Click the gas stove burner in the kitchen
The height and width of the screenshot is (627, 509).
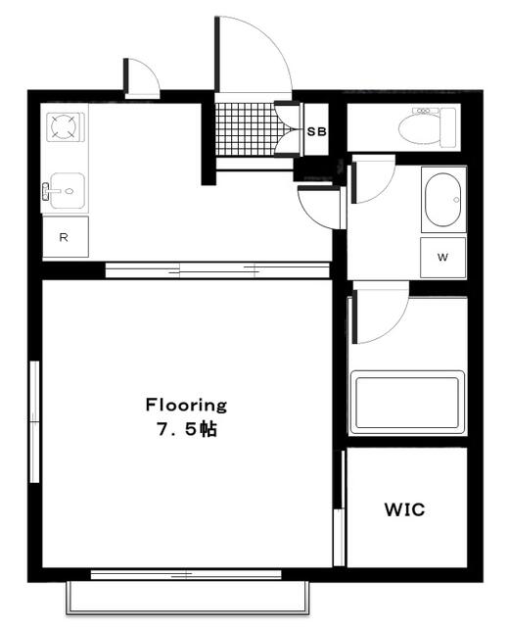64,126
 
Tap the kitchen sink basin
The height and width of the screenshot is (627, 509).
68,191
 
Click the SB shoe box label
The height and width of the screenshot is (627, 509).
317,131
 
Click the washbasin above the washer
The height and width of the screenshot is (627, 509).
443,200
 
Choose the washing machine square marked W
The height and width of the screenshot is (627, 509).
442,258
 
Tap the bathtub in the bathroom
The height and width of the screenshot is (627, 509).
407,403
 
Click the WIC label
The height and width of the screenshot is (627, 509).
404,509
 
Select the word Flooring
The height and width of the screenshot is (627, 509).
186,405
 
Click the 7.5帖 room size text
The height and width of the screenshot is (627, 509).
187,429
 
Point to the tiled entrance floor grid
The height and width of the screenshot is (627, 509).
247,129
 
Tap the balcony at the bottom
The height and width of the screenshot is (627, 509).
187,597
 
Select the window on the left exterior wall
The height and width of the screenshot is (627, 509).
35,421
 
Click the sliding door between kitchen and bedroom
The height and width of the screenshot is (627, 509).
217,270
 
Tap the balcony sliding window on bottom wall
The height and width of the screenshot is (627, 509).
186,575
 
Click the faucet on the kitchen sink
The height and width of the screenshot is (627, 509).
46,191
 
